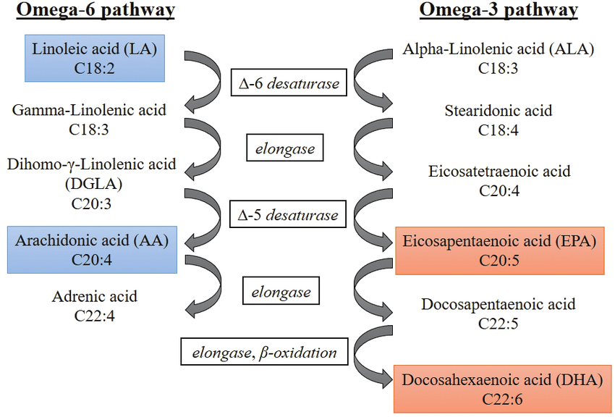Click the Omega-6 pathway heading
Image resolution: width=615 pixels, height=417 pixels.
96,10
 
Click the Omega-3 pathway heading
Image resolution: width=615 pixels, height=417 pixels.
499,10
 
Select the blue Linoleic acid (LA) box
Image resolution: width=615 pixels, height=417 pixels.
95,58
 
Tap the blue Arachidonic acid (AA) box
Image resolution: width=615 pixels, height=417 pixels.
92,250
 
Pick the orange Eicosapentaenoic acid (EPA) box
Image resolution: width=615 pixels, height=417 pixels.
500,250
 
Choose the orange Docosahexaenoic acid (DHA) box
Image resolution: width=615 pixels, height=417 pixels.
502,389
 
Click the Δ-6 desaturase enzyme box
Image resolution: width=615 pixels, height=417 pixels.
289,83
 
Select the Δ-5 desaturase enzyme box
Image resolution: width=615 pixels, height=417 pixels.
288,214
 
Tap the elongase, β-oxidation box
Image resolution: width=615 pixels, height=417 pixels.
264,352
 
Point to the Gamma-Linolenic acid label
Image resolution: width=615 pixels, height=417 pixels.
89,110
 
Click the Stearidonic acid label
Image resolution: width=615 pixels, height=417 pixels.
498,111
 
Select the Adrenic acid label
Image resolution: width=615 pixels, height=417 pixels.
95,297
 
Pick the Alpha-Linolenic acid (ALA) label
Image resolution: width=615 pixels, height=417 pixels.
498,49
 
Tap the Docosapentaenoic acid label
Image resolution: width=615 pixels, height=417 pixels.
498,304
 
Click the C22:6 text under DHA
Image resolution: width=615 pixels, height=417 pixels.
502,400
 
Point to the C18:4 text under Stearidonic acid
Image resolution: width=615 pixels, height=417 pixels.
498,130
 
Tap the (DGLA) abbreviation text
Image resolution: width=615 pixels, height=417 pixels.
93,184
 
